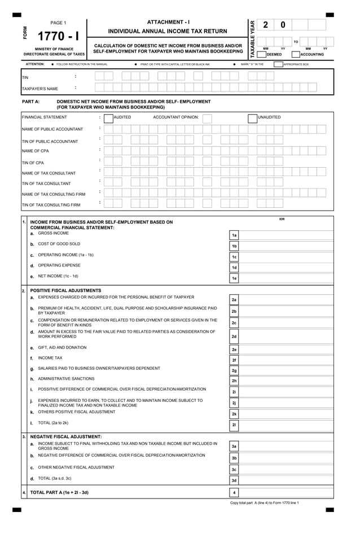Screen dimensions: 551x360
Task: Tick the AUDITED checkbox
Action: click(x=108, y=117)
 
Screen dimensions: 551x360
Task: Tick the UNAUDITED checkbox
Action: click(x=253, y=117)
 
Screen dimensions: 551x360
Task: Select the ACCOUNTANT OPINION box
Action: click(x=207, y=117)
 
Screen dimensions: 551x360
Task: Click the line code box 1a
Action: click(x=234, y=235)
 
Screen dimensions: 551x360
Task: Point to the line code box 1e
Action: click(x=234, y=278)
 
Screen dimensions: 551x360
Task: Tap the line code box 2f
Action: click(x=234, y=360)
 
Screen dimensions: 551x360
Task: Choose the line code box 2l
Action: click(x=234, y=425)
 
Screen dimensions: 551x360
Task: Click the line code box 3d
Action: click(x=234, y=480)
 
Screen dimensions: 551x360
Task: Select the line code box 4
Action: click(x=234, y=493)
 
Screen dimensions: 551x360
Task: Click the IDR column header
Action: click(x=282, y=219)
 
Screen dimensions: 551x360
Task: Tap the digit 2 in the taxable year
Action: click(x=266, y=25)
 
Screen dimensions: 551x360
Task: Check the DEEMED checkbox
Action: click(x=262, y=54)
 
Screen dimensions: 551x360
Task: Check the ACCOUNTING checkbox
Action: click(x=296, y=54)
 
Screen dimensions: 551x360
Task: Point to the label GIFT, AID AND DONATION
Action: click(x=62, y=347)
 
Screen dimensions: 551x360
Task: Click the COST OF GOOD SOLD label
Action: click(x=59, y=244)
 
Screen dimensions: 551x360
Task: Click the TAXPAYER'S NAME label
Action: click(x=39, y=89)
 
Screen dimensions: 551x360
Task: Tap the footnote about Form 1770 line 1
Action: click(x=264, y=502)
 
